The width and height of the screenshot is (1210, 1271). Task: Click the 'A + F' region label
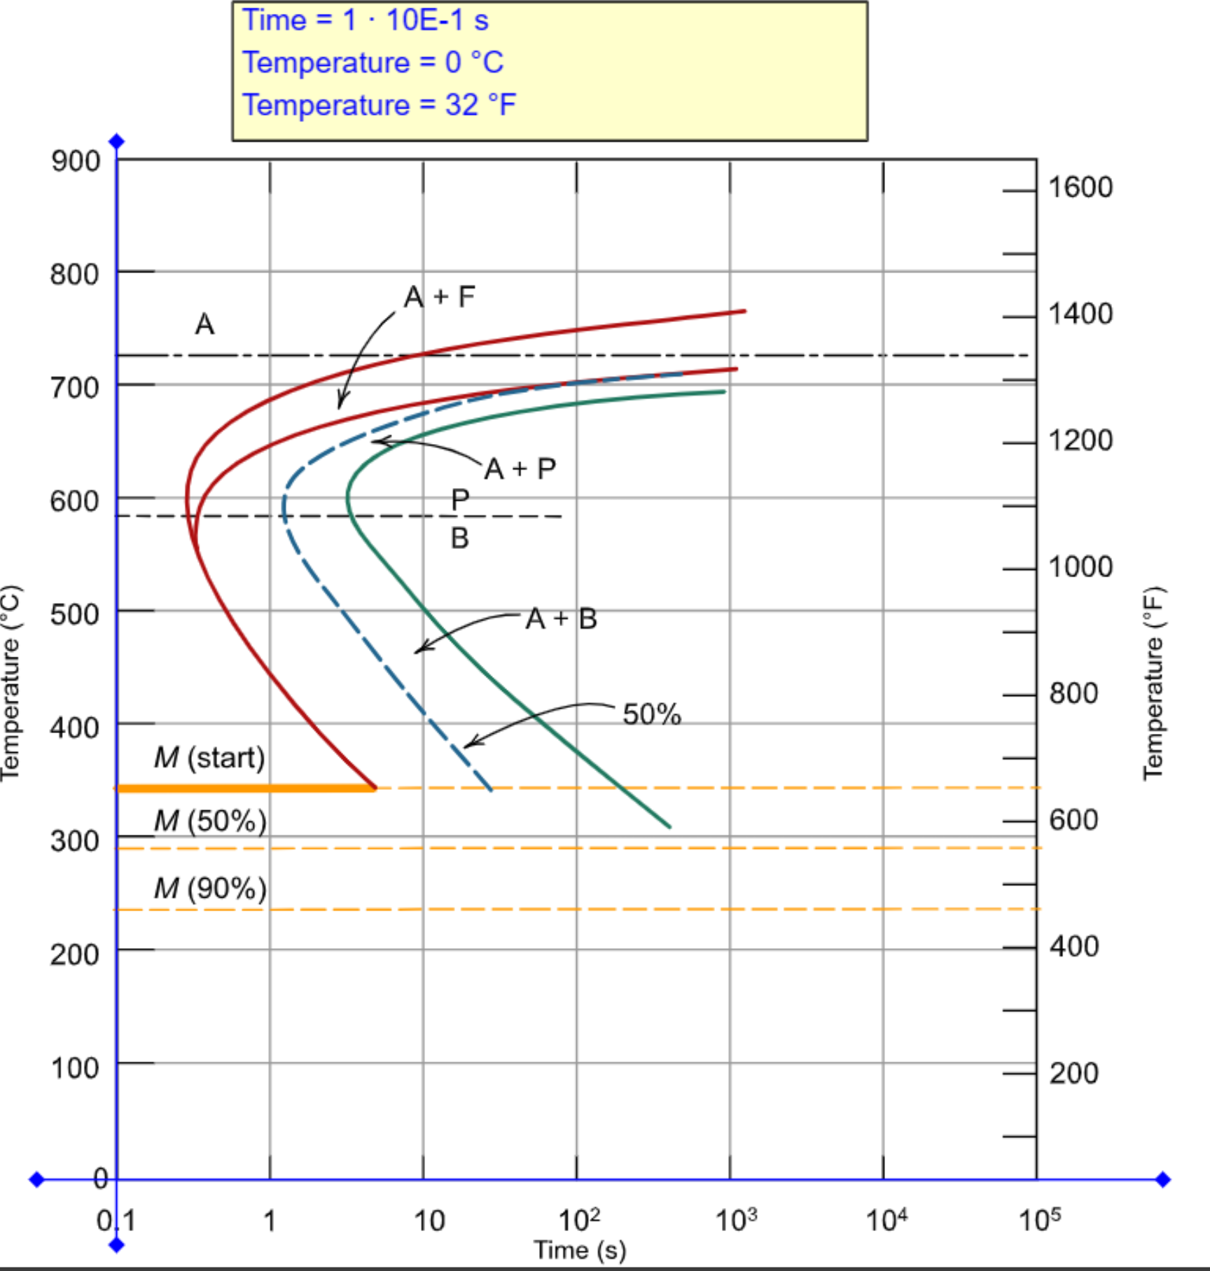tap(440, 297)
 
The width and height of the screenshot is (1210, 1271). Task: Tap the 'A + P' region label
tap(520, 468)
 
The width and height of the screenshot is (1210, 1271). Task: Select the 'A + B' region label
tap(561, 619)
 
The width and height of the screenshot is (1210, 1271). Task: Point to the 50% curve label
tap(651, 714)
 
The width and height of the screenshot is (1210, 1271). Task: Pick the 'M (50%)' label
tap(209, 821)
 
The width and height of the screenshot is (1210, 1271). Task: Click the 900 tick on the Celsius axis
tap(75, 161)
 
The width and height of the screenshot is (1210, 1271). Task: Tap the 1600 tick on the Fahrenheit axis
tap(1080, 188)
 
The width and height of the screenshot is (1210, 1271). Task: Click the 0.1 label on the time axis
tap(116, 1221)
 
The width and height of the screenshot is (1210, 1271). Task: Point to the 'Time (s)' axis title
tap(580, 1251)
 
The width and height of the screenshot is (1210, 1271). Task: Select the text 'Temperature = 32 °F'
tap(379, 106)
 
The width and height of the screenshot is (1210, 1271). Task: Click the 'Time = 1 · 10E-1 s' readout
tap(365, 20)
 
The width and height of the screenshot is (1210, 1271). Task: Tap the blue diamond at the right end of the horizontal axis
tap(1163, 1180)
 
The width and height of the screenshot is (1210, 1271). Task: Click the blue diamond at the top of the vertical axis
tap(117, 142)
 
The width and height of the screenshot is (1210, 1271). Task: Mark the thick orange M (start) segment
tap(245, 789)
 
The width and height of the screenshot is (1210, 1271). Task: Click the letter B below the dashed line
tap(459, 539)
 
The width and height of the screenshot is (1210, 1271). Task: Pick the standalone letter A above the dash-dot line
tap(204, 324)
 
